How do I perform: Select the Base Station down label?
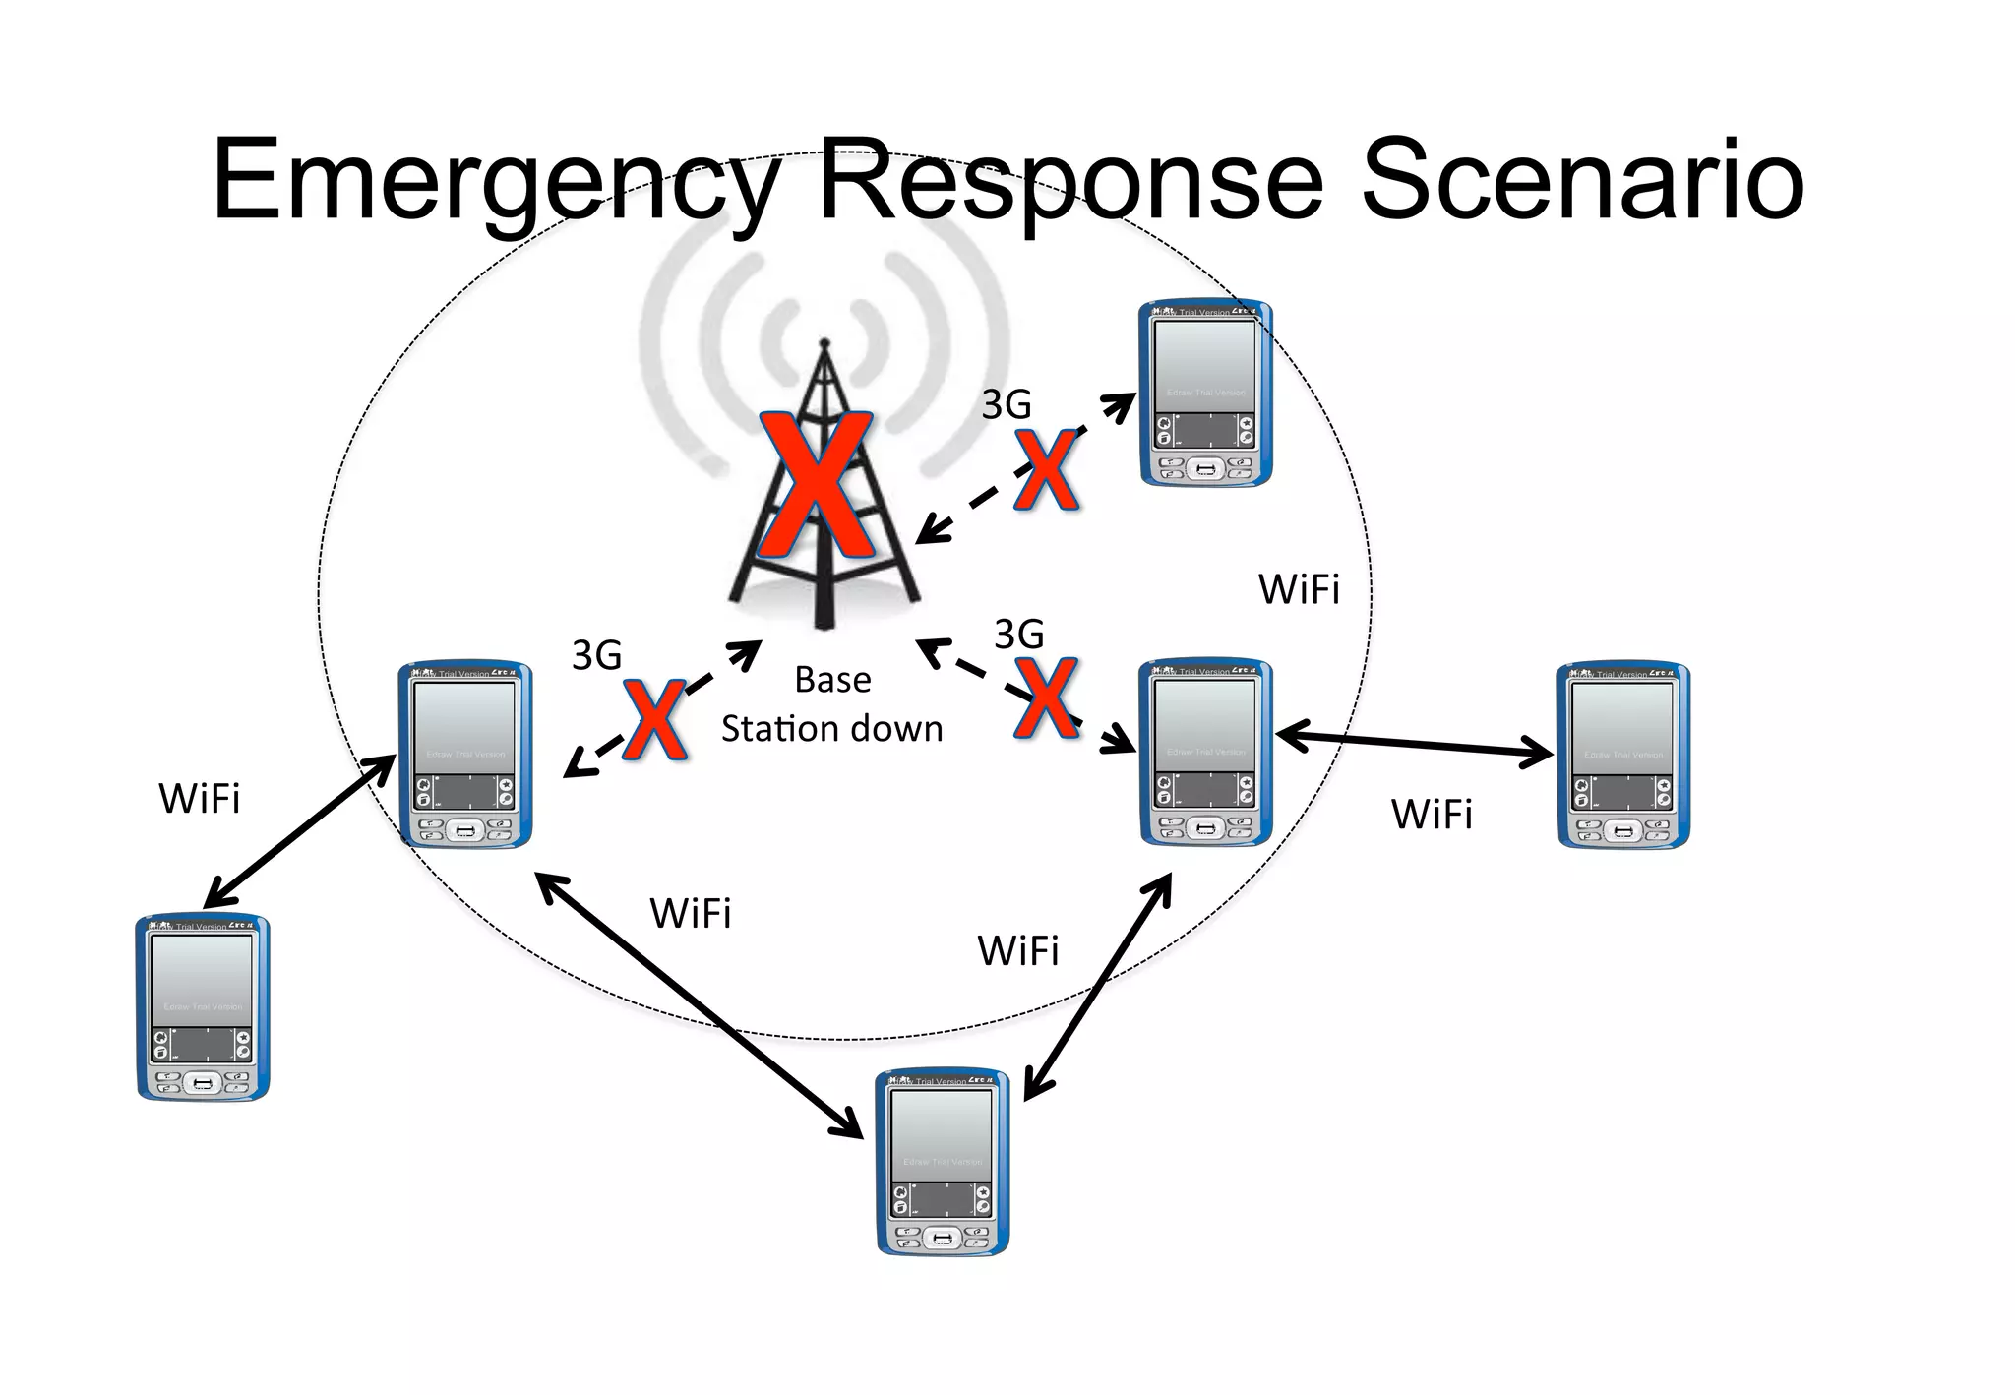[831, 704]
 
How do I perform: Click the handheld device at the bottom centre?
[943, 1161]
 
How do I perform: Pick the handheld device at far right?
[1623, 756]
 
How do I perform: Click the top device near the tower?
[1205, 394]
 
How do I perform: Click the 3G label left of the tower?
[597, 655]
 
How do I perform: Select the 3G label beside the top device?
[1007, 404]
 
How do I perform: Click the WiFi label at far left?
[200, 799]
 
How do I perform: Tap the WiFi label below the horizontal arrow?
[1432, 815]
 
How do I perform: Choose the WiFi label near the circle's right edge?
[1299, 589]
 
